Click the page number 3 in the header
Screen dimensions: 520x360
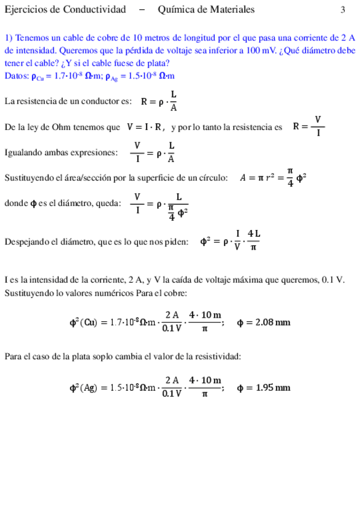(343, 10)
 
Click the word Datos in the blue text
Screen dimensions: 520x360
(15, 75)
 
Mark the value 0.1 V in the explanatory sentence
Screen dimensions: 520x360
(340, 280)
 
